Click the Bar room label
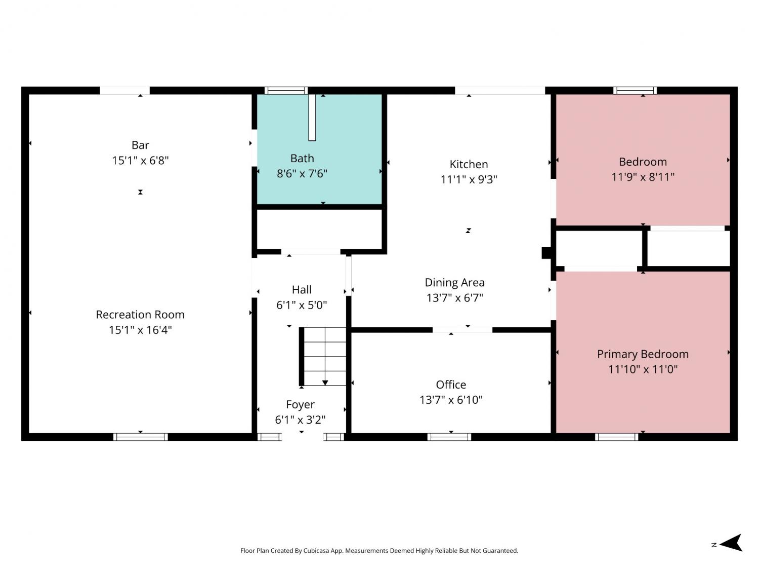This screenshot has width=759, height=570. point(140,145)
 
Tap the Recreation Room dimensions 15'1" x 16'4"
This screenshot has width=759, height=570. point(140,330)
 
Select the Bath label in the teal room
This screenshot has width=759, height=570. point(302,158)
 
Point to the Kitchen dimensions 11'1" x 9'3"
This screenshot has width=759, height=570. point(469,179)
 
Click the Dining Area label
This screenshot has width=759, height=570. point(454,282)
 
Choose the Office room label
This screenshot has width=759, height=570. point(450,385)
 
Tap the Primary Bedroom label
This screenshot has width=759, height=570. point(643,354)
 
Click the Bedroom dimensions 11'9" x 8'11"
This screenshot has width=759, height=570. point(643,177)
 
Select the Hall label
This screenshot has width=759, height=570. point(302,289)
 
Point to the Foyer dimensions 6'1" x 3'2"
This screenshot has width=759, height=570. point(300,420)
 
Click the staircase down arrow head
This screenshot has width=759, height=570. point(325,383)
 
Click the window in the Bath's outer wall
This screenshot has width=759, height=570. point(286,91)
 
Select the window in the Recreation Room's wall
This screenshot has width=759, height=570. point(140,437)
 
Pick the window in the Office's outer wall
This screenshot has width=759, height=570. point(449,437)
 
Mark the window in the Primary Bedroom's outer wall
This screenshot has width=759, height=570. point(616,437)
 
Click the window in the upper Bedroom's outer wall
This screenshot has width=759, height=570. point(635,91)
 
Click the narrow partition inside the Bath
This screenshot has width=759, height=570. point(312,118)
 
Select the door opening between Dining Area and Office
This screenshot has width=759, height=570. point(462,330)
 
